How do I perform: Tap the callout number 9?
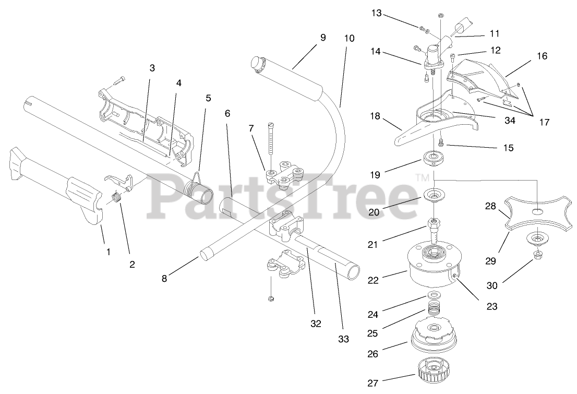pos(323,38)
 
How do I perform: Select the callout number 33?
pos(343,339)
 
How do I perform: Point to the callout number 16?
pos(542,56)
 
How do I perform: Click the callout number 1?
pos(109,252)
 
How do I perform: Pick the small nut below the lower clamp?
pos(271,298)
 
